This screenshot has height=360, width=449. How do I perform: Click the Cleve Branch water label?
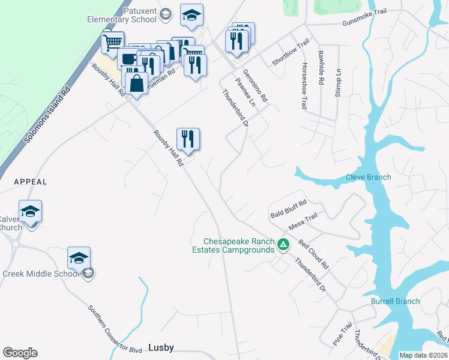[368, 177]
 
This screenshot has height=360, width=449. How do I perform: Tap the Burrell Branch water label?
[395, 301]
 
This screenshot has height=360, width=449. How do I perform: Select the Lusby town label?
[160, 347]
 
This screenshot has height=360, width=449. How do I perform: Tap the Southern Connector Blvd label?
[114, 330]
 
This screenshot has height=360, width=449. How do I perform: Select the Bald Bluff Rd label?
[289, 208]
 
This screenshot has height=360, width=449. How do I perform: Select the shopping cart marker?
[112, 43]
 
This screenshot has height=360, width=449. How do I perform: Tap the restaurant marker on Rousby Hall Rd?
[188, 139]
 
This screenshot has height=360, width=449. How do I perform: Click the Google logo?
[20, 353]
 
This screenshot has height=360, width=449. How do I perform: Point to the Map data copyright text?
[423, 355]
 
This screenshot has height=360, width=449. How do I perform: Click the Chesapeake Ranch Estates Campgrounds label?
[233, 245]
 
